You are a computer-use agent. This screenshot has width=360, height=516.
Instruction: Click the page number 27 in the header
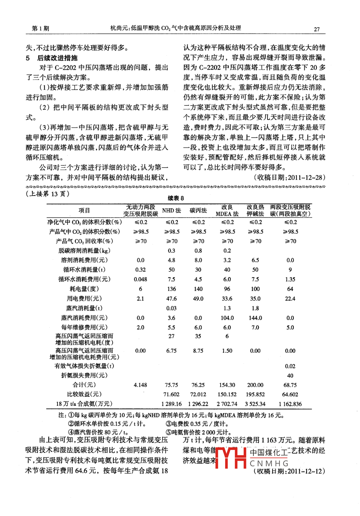[x=317, y=29]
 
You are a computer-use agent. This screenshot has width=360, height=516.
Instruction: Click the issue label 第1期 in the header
[x=40, y=29]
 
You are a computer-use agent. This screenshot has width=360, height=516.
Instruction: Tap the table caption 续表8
[x=176, y=198]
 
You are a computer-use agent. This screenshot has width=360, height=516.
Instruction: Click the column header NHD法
[x=171, y=211]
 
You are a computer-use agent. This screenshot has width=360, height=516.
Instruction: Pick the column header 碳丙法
[x=198, y=211]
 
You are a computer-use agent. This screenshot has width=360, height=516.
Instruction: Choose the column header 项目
[x=84, y=211]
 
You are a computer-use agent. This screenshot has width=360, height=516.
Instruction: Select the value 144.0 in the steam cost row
[x=255, y=318]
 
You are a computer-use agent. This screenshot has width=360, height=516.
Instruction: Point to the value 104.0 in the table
[x=227, y=318]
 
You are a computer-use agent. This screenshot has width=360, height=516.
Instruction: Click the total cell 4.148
[x=140, y=385]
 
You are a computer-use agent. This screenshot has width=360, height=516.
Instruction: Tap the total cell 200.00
[x=255, y=385]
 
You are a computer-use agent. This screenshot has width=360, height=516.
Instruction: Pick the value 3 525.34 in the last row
[x=255, y=404]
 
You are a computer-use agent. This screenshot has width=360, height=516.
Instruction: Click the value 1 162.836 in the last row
[x=290, y=404]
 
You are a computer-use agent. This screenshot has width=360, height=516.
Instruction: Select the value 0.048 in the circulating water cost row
[x=140, y=279]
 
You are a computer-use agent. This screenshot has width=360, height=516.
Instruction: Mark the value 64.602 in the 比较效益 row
[x=290, y=395]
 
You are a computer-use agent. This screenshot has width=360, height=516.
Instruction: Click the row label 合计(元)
[x=84, y=385]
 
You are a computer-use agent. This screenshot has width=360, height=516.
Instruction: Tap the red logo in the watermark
[x=231, y=457]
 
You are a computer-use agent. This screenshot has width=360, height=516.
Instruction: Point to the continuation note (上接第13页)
[x=48, y=194]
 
